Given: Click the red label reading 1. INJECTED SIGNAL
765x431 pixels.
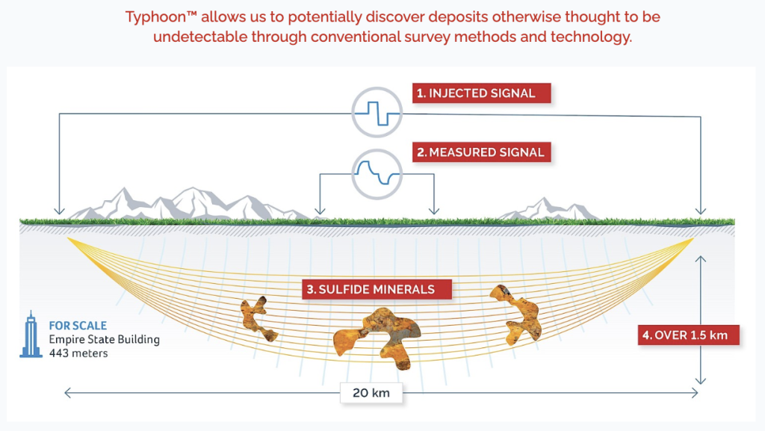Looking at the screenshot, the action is tap(482, 93).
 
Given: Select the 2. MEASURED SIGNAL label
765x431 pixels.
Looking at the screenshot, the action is tap(482, 152).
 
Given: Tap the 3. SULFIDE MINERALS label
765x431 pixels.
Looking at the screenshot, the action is tap(377, 289).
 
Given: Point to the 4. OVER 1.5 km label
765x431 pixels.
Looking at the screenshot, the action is tap(688, 335).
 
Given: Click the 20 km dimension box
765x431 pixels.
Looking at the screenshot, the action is tap(371, 393).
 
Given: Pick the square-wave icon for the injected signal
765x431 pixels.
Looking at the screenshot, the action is tap(377, 113).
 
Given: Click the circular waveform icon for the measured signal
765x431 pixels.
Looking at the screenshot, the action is tap(377, 174).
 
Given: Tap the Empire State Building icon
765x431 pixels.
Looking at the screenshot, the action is tap(31, 335).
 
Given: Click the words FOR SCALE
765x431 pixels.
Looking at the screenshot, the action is tap(78, 326).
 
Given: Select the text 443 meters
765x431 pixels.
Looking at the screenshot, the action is tap(78, 353).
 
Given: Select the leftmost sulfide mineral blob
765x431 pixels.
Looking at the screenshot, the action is tap(258, 318).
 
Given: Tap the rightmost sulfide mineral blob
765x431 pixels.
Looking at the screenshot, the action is tap(517, 314).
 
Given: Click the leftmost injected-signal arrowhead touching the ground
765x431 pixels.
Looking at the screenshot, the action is tap(60, 211).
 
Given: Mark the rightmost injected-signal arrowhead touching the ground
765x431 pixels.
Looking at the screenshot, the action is tap(701, 211).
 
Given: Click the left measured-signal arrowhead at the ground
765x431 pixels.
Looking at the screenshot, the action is tap(320, 211).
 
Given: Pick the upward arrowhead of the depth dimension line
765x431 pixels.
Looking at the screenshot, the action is tap(701, 259).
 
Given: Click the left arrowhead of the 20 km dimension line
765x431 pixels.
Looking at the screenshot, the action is tap(68, 393).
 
